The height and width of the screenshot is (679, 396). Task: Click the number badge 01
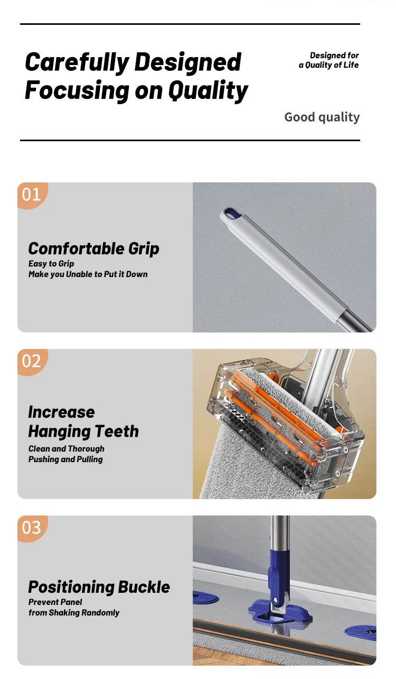point(31,195)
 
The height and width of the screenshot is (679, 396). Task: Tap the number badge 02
point(31,361)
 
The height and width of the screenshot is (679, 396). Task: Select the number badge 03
point(31,528)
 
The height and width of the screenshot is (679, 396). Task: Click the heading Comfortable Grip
point(93,249)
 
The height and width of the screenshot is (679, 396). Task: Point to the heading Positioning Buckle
point(99,587)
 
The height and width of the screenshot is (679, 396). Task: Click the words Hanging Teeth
point(83,432)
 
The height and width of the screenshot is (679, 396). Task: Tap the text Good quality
point(322,117)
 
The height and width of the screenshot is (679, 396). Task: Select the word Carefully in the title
point(77,63)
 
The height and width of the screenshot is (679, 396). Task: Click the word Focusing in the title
point(77,90)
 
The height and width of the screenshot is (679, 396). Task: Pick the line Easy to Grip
point(51,264)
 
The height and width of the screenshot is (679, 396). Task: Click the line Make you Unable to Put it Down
point(88,274)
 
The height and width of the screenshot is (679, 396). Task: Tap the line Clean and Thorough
point(67,449)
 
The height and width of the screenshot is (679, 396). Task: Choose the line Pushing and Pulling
point(65,460)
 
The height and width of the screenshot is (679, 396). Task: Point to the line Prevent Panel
point(55,602)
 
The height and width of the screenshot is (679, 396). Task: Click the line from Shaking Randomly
point(74,613)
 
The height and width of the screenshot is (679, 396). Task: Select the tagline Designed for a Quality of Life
point(329,60)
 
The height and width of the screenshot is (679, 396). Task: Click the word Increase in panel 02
point(61,412)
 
